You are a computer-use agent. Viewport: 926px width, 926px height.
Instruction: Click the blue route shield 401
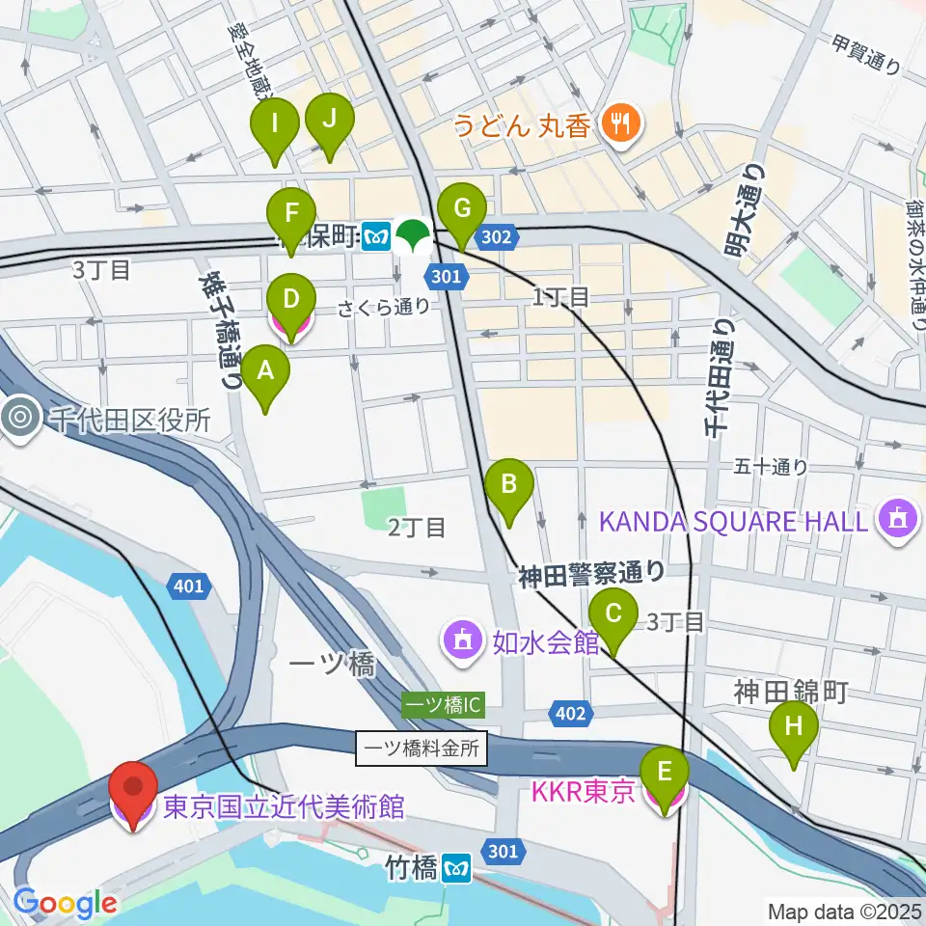(x=190, y=585)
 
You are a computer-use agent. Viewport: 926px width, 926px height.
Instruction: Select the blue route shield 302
(x=502, y=234)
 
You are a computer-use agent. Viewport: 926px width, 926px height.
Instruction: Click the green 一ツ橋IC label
(x=442, y=705)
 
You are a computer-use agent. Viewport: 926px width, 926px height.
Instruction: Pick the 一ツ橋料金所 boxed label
(x=422, y=749)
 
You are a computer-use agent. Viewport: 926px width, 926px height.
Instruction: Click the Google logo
(x=65, y=903)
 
